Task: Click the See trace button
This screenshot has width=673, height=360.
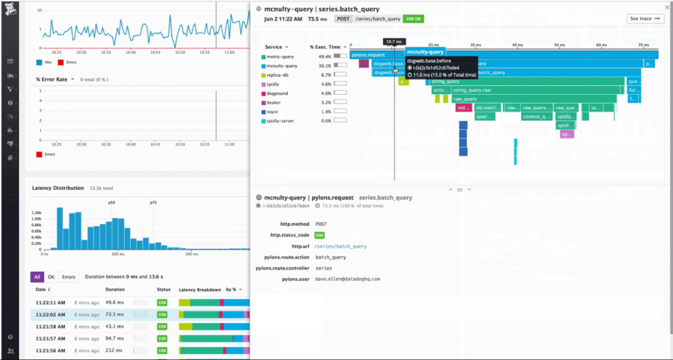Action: pyautogui.click(x=644, y=18)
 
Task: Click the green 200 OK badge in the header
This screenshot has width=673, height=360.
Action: pyautogui.click(x=413, y=19)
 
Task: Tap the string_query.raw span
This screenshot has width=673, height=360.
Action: pyautogui.click(x=473, y=90)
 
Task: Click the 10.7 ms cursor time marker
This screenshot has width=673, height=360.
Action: pyautogui.click(x=394, y=41)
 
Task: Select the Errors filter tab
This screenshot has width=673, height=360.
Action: pyautogui.click(x=69, y=277)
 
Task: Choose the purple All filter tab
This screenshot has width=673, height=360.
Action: pyautogui.click(x=37, y=277)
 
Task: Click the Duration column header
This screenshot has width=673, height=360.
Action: pyautogui.click(x=115, y=289)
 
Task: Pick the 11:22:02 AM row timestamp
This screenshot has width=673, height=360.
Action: pyautogui.click(x=50, y=315)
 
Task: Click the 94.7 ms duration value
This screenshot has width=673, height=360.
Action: pyautogui.click(x=115, y=339)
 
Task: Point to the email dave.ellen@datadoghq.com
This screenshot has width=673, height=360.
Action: pyautogui.click(x=348, y=279)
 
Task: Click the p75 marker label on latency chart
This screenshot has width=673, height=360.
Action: pyautogui.click(x=153, y=203)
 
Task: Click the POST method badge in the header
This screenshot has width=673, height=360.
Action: pyautogui.click(x=343, y=19)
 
